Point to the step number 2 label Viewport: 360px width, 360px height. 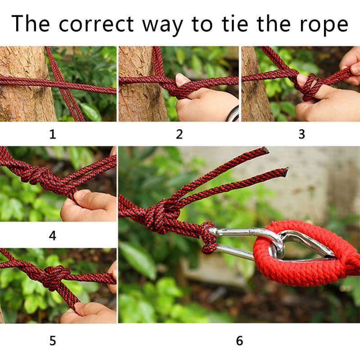point(179,134)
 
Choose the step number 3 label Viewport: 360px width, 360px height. point(301,134)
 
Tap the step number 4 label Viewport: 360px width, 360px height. point(53,236)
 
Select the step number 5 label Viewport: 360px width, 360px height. point(53,340)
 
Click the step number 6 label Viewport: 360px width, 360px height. point(239,340)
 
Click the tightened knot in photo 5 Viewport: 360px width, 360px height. point(53,276)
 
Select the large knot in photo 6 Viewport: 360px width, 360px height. point(160,216)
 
